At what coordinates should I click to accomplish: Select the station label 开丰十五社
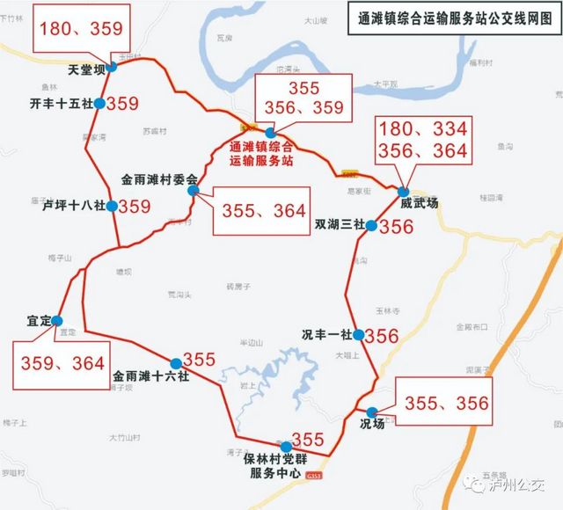point(61,104)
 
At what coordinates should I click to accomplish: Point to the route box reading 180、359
point(81,29)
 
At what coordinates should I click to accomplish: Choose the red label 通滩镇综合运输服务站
point(260,154)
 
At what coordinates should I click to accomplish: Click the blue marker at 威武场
point(403,192)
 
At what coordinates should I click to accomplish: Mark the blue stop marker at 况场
point(371,412)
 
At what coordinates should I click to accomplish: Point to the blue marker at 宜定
point(57,320)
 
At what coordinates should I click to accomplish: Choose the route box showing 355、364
point(263,211)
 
